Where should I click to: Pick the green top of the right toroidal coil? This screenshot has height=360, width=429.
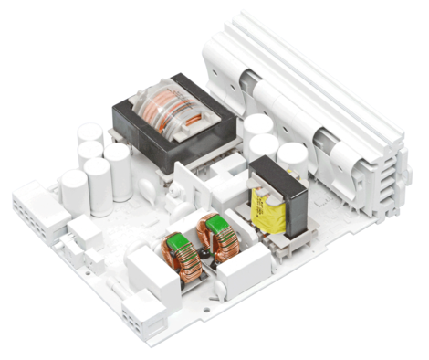[x=220, y=225]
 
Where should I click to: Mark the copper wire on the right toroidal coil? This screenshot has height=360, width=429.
[x=224, y=247]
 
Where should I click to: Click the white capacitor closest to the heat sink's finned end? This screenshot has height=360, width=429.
[x=292, y=157]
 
